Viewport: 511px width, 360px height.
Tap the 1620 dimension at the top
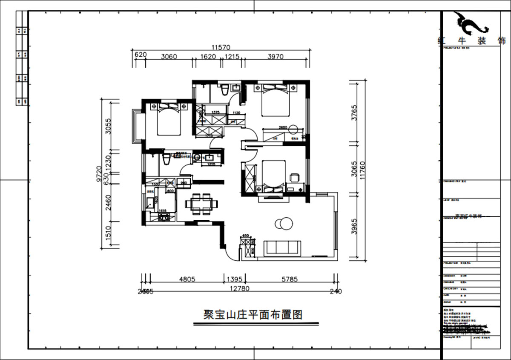tap(208, 56)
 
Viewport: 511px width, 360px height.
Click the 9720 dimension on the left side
tap(99, 175)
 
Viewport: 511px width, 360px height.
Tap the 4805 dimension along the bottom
tap(187, 279)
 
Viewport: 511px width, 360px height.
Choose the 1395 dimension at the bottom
tap(235, 279)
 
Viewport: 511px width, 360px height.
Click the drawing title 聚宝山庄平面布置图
tap(253, 315)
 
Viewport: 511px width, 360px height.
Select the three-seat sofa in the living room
tap(283, 248)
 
